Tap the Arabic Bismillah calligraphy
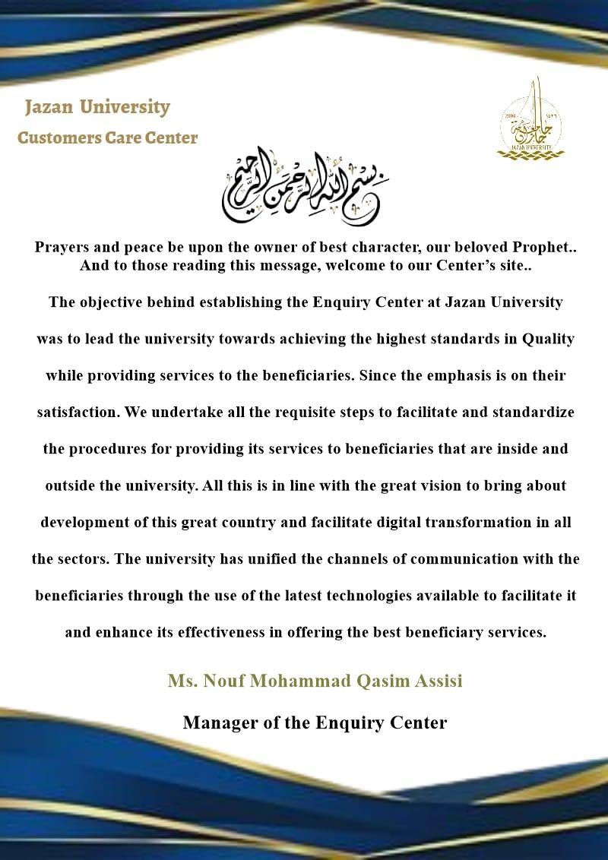coord(304,185)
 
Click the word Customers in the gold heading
coord(55,138)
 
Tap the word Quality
coord(548,339)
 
